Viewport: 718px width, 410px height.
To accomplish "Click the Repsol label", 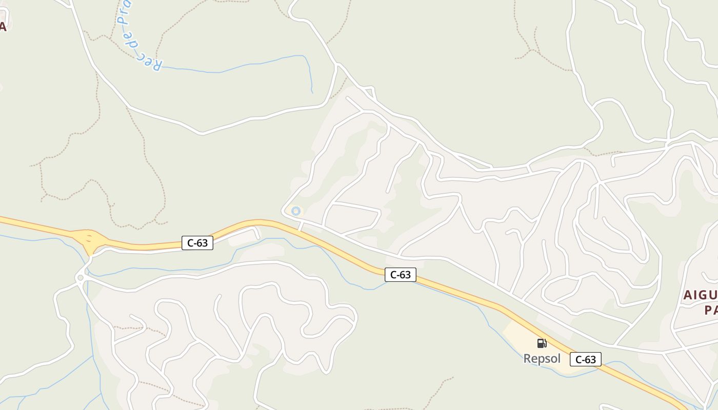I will coord(542,359).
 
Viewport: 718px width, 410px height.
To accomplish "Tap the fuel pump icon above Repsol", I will coord(542,343).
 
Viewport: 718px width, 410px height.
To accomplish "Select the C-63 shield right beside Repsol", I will coord(585,359).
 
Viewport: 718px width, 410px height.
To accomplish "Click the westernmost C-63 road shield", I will coord(197,243).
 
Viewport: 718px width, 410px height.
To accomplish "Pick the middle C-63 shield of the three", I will coord(401,275).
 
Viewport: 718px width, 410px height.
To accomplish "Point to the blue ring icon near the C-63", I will coord(295,211).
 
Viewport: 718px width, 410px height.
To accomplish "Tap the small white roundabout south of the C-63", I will coord(80,278).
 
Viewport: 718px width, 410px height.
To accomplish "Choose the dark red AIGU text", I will coord(700,295).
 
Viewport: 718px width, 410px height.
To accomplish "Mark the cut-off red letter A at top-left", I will coord(3,27).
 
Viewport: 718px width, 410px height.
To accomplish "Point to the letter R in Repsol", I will coord(527,359).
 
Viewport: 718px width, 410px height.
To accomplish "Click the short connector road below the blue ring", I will coord(302,226).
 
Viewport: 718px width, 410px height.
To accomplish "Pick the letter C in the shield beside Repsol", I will coord(578,359).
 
